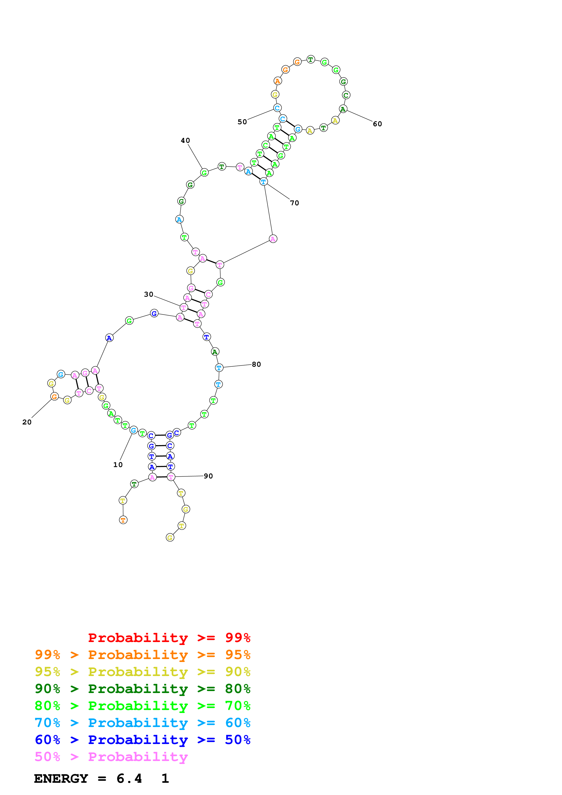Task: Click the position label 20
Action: coord(27,422)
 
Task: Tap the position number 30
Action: coord(148,294)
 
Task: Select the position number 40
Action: coord(185,140)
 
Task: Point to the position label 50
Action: coord(242,122)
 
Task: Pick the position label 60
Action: coord(377,124)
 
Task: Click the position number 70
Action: coord(294,203)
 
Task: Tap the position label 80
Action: coord(256,364)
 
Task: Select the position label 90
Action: coord(208,476)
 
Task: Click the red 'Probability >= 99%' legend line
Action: coord(169,637)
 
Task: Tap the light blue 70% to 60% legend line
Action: coord(142,723)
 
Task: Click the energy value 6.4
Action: coord(129,778)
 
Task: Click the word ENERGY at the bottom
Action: coord(61,778)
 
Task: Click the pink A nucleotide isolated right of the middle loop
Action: coord(273,239)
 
